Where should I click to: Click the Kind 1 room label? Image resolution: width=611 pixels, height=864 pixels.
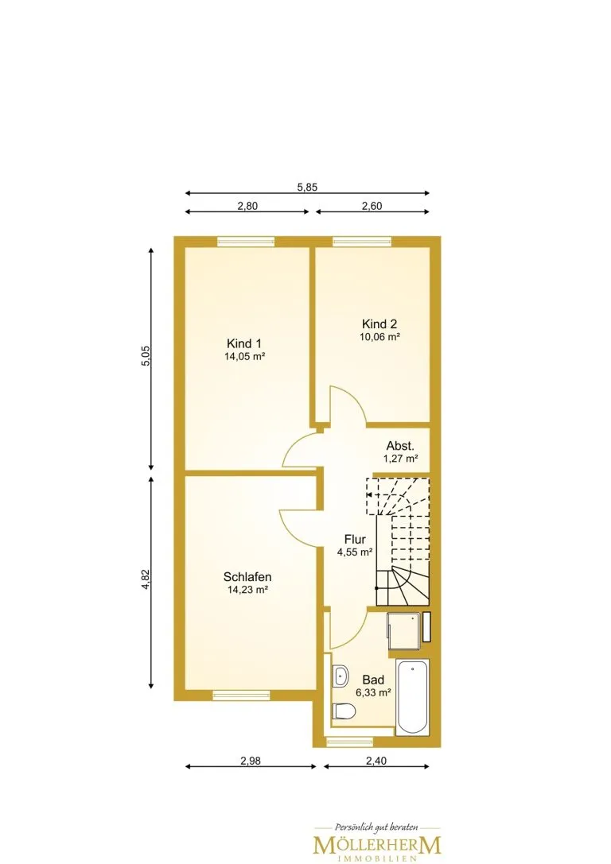(x=244, y=343)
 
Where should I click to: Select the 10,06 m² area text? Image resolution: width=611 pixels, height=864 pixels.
(x=379, y=337)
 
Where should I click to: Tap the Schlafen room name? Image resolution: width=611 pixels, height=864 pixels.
(x=247, y=577)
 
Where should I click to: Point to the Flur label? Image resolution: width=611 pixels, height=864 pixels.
(x=355, y=540)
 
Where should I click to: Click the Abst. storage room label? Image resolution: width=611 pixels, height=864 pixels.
(x=400, y=446)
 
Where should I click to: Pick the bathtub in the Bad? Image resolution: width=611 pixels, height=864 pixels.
(x=412, y=696)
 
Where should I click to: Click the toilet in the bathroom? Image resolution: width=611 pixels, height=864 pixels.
(x=343, y=711)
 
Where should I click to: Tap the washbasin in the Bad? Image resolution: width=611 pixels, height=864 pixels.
(x=341, y=676)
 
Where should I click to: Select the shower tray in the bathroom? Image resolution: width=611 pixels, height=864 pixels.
(x=403, y=627)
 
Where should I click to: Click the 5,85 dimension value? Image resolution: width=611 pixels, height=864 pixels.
(x=307, y=187)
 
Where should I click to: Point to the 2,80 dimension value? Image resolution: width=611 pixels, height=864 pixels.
(x=247, y=206)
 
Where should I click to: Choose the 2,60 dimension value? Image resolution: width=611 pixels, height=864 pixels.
(x=372, y=206)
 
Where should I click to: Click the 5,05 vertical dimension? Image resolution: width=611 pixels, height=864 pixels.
(x=146, y=356)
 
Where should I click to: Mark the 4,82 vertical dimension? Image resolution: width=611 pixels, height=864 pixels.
(x=146, y=579)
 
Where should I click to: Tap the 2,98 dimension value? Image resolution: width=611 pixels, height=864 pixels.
(x=251, y=761)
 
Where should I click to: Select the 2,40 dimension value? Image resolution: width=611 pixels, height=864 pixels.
(x=376, y=761)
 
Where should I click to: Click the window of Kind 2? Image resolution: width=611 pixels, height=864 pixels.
(x=362, y=241)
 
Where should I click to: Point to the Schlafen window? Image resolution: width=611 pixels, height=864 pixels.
(x=242, y=695)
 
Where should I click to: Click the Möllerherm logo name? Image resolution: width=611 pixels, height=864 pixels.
(x=377, y=844)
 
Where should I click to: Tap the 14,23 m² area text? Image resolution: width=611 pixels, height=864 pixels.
(x=247, y=590)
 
